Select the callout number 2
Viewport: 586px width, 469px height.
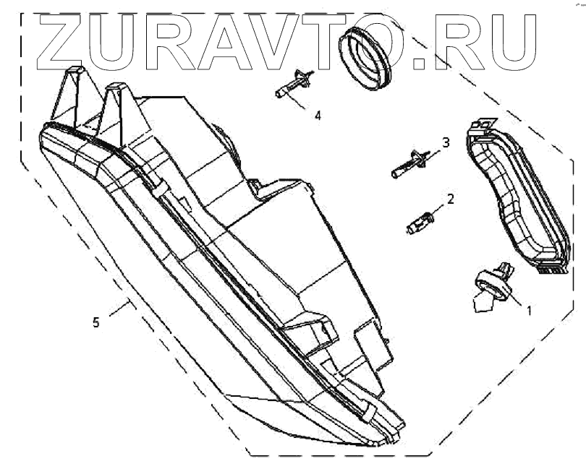(x=451, y=197)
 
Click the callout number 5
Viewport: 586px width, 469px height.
(x=96, y=323)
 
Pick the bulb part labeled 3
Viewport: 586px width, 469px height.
(x=409, y=163)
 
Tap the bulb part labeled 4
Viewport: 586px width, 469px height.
(x=293, y=85)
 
